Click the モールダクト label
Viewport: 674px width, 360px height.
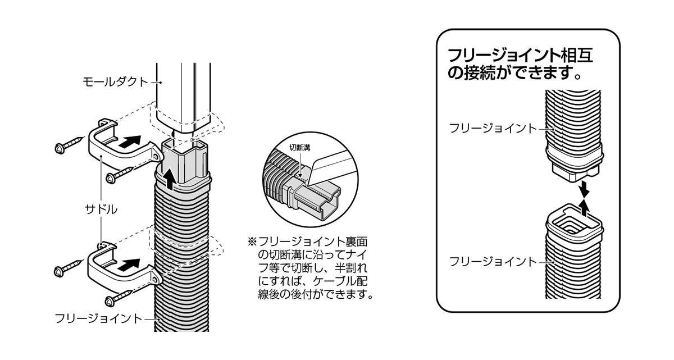tap(115, 82)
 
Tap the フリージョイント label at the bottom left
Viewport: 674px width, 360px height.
tap(99, 318)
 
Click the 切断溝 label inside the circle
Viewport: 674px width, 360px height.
tap(299, 148)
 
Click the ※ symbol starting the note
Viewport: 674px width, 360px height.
tap(251, 241)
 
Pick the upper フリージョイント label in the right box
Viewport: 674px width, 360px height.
tap(493, 128)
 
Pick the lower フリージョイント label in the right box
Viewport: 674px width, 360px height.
tap(493, 261)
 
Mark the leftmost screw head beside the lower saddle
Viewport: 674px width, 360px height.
tap(58, 271)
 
